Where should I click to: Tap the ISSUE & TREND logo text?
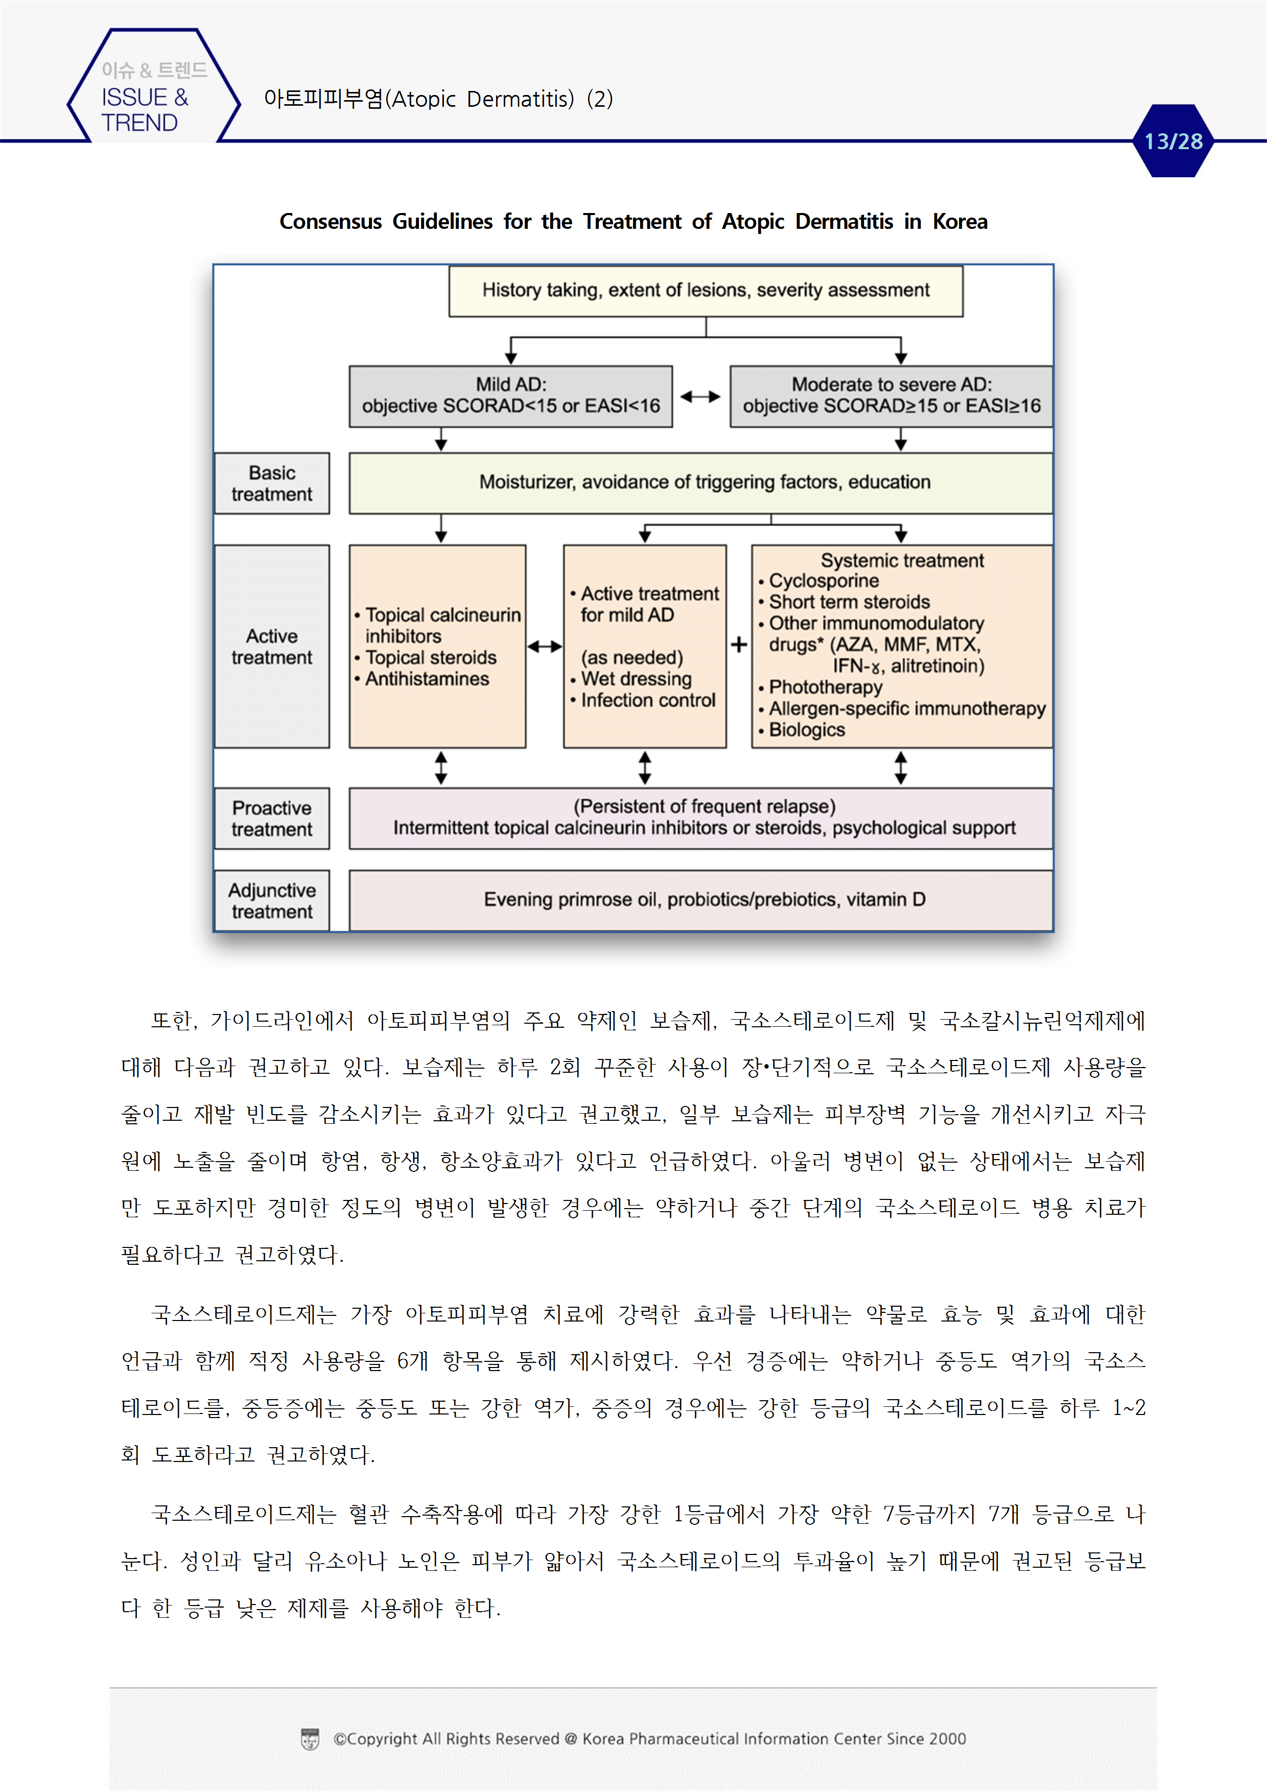145,109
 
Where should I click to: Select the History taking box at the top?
705,290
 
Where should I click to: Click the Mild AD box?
510,396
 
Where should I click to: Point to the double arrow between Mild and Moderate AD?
700,396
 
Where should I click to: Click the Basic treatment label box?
272,483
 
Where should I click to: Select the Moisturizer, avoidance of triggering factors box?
704,482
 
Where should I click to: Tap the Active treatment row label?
272,646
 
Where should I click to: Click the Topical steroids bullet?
430,658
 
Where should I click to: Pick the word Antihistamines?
427,679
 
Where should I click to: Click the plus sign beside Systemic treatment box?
739,645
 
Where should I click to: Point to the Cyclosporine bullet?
823,581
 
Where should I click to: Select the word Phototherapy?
825,687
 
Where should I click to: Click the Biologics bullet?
806,730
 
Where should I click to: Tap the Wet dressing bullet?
636,679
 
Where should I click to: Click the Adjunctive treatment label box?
272,901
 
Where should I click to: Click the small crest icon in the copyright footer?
310,1739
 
